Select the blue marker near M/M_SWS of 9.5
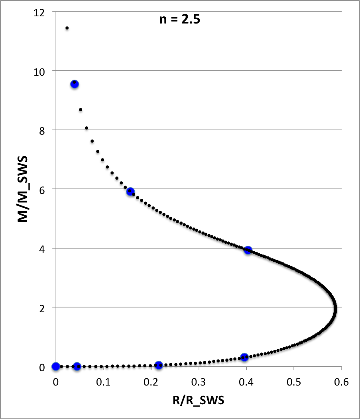(x=75, y=84)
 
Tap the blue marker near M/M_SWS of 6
(x=130, y=192)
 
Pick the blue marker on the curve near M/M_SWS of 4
(x=248, y=250)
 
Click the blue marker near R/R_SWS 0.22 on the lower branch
(x=159, y=365)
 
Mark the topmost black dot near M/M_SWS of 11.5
(x=67, y=28)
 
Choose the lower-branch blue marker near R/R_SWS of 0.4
(x=244, y=357)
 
